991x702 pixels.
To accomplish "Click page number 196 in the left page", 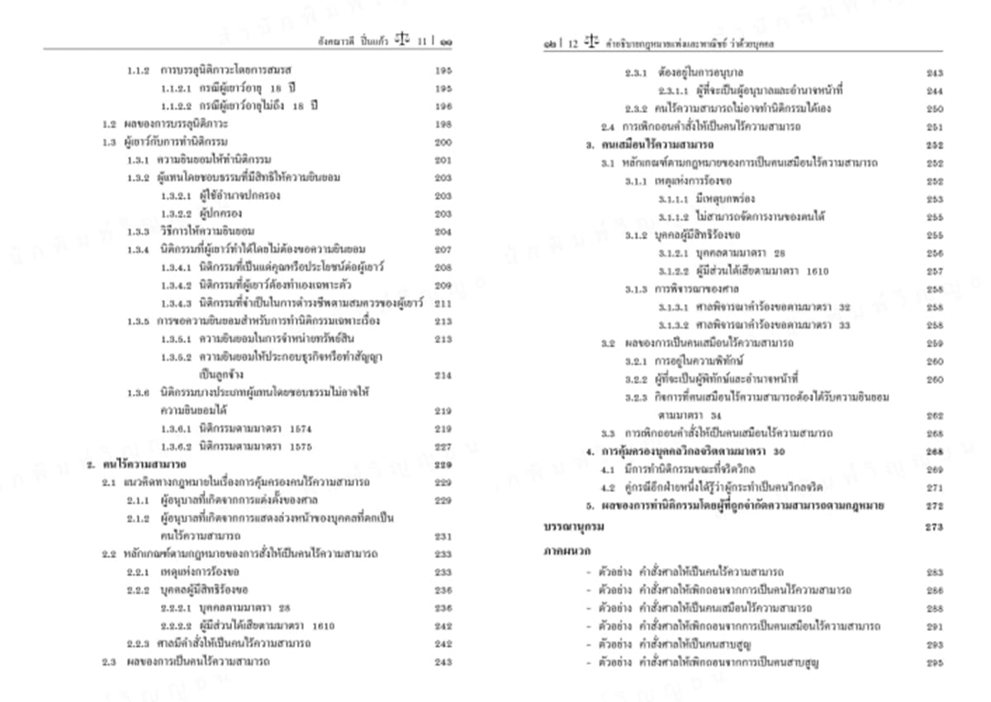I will [443, 107].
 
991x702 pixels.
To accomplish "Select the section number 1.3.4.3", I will [176, 303].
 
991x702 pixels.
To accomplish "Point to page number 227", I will [443, 447].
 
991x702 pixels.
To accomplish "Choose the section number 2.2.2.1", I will [176, 607].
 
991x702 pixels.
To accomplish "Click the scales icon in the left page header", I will [402, 39].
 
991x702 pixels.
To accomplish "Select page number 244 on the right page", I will [935, 91].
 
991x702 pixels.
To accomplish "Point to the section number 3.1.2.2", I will [675, 271].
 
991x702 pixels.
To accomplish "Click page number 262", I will [935, 415].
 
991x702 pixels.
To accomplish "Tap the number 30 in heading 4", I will [780, 452].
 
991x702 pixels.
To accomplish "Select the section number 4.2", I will [609, 487].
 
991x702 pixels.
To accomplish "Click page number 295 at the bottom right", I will [935, 662].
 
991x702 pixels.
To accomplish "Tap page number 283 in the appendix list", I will [935, 572].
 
